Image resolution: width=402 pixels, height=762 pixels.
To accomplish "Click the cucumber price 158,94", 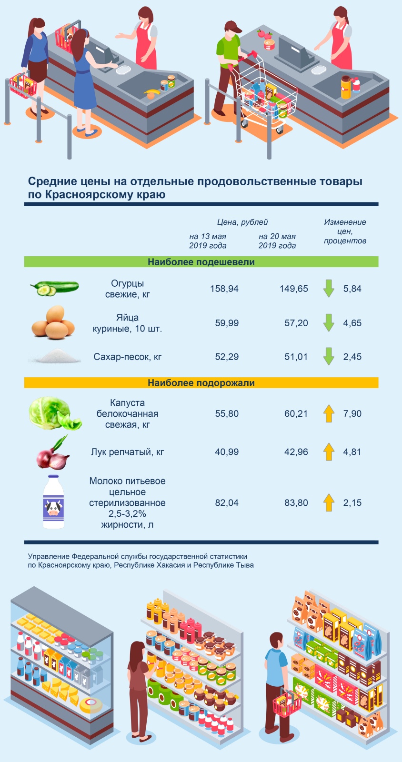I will [x=224, y=289].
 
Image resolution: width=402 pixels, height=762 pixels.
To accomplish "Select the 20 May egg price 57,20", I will [x=296, y=323].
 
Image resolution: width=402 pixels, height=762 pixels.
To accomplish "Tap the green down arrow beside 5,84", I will [x=329, y=289].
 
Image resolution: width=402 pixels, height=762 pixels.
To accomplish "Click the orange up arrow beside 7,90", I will [x=329, y=413].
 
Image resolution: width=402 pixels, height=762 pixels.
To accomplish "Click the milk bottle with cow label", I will [x=53, y=502].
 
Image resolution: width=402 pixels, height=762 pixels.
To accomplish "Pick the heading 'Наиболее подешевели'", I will [x=201, y=262].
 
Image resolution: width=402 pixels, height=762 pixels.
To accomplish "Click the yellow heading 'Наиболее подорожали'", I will [x=201, y=383].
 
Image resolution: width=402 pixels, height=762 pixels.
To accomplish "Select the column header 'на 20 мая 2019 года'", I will [x=277, y=241].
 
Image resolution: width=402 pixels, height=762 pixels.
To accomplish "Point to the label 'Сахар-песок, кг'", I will [x=128, y=357].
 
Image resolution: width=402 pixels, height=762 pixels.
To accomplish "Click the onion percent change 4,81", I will [x=352, y=452].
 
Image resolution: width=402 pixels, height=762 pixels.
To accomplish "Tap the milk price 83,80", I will [x=296, y=502].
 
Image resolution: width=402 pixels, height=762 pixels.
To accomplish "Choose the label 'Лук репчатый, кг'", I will [x=127, y=452].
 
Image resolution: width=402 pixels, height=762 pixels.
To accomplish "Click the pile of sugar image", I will [x=54, y=356].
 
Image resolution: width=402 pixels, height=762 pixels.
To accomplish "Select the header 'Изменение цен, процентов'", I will [x=345, y=231].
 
